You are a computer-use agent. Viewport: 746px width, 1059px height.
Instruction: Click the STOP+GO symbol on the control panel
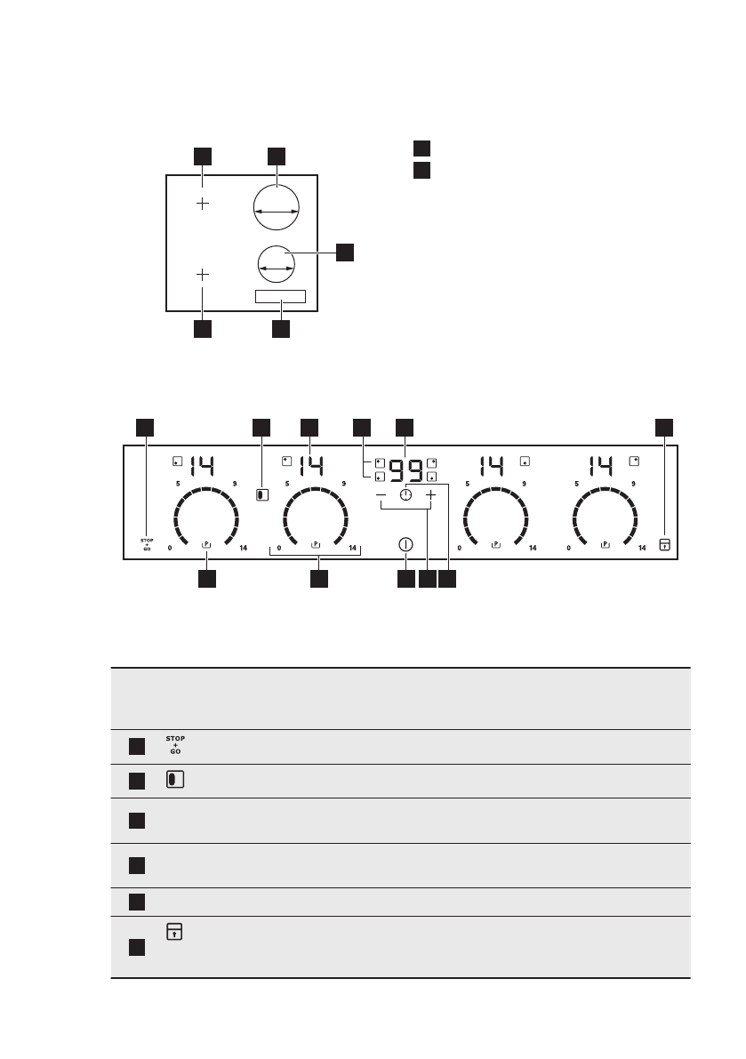pyautogui.click(x=147, y=544)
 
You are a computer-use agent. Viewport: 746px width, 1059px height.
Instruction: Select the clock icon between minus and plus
pyautogui.click(x=406, y=494)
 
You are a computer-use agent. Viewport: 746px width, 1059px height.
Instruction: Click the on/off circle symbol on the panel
pyautogui.click(x=406, y=544)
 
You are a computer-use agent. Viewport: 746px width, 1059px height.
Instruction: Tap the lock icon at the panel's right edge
pyautogui.click(x=663, y=544)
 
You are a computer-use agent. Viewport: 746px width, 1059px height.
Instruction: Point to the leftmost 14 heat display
pyautogui.click(x=201, y=464)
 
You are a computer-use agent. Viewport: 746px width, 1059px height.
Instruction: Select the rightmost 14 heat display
pyautogui.click(x=602, y=464)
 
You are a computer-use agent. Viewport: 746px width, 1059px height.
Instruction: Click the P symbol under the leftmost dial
pyautogui.click(x=206, y=542)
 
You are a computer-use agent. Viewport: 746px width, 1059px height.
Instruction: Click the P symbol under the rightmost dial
pyautogui.click(x=606, y=542)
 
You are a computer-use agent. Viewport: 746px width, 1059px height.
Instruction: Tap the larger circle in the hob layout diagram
pyautogui.click(x=276, y=210)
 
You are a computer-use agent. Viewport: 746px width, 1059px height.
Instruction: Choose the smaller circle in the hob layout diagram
pyautogui.click(x=276, y=265)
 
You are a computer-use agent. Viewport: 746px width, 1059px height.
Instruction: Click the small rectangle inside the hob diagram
pyautogui.click(x=280, y=297)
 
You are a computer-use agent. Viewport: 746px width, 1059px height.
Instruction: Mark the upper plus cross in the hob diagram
pyautogui.click(x=203, y=204)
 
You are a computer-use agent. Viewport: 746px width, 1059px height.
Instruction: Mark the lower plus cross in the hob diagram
pyautogui.click(x=203, y=274)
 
